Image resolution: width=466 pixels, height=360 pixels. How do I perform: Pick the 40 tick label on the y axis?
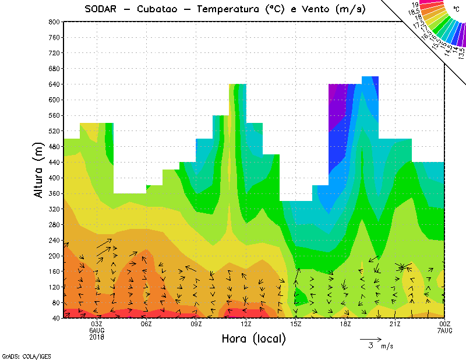(56, 319)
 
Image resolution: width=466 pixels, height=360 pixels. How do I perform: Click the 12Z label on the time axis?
(246, 324)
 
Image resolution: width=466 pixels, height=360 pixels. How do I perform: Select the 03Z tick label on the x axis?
(97, 324)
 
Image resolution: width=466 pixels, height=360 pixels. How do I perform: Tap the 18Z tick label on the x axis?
(345, 324)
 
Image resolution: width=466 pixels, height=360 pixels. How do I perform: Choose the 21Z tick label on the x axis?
(396, 324)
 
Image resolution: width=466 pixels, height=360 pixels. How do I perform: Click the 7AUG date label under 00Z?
(445, 330)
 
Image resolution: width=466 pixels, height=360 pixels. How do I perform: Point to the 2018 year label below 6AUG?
(97, 337)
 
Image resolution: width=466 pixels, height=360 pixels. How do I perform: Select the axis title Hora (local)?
(254, 338)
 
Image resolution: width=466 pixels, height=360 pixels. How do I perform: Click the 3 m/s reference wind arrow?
(370, 338)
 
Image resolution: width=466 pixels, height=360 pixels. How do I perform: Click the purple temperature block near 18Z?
(337, 105)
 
